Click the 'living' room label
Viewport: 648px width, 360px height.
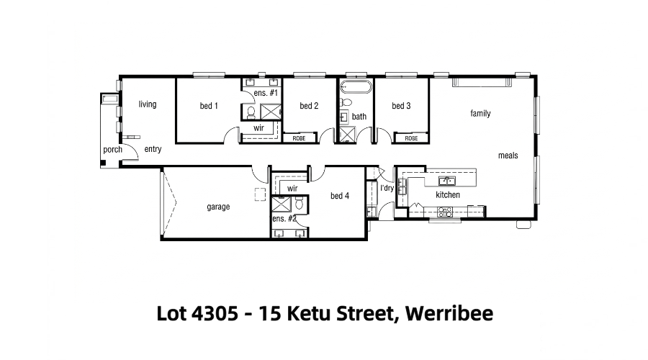[148, 104]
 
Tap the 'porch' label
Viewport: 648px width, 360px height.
[112, 150]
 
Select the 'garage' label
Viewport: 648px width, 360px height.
[218, 207]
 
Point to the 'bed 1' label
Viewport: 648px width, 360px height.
[209, 106]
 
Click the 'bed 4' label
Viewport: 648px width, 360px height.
[340, 196]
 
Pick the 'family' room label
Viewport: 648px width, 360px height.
[480, 113]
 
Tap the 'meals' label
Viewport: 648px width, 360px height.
[508, 156]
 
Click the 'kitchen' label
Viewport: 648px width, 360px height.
[448, 194]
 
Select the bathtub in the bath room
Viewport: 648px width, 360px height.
[356, 87]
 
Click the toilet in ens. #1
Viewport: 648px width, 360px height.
[251, 112]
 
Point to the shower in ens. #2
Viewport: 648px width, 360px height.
[281, 204]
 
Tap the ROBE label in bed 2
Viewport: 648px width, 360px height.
[299, 138]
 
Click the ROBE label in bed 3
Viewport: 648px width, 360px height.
[411, 138]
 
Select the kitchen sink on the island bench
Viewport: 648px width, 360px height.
[446, 181]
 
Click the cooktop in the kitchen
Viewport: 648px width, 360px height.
[445, 212]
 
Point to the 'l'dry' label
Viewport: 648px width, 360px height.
[387, 188]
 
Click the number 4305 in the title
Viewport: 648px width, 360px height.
[215, 313]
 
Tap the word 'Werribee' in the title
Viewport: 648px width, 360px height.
[449, 313]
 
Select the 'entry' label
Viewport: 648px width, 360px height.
[153, 149]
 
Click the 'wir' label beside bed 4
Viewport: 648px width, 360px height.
[292, 189]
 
